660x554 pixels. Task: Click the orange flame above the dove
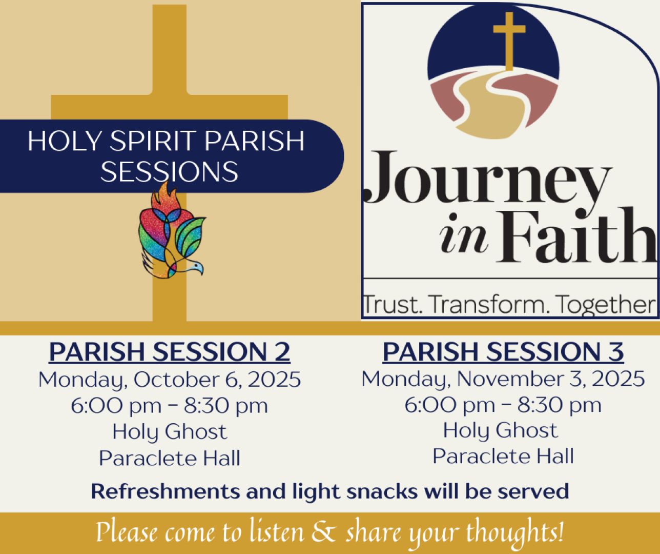tap(166, 197)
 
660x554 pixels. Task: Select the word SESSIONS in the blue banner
tap(169, 171)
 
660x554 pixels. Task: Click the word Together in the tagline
tap(605, 305)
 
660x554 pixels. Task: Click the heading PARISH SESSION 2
tap(170, 352)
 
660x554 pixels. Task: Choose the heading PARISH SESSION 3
tap(503, 351)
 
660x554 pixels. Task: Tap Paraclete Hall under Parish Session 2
tap(170, 458)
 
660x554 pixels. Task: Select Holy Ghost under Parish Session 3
tap(501, 430)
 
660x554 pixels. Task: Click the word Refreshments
tap(166, 491)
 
